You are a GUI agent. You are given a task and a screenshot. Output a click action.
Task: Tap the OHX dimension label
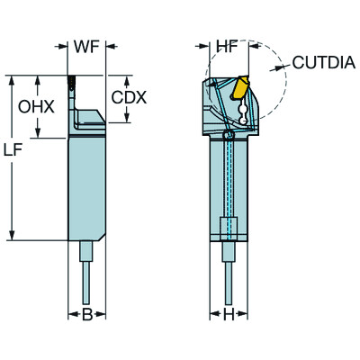[36, 106]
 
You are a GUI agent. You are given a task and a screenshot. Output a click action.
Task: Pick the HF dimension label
[228, 45]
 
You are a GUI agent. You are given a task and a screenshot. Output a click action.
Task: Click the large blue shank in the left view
[87, 184]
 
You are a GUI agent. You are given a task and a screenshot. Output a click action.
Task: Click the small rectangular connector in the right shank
[229, 227]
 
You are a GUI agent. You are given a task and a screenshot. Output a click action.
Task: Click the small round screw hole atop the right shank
[229, 135]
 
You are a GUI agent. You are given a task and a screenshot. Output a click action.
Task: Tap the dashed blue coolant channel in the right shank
[229, 180]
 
